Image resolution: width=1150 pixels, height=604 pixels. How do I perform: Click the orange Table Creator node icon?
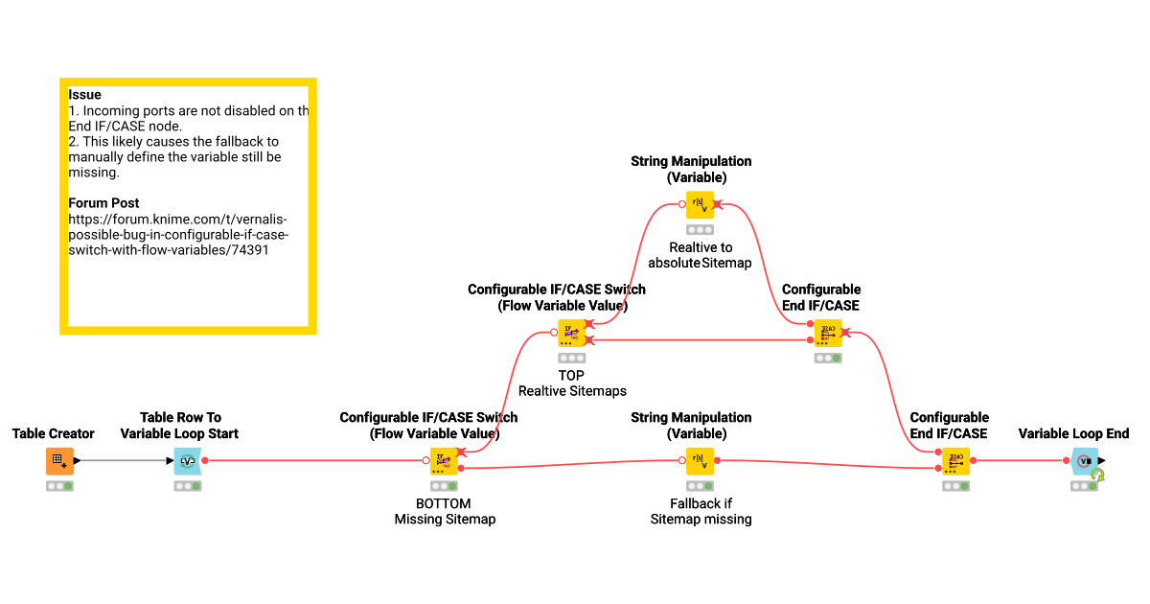coord(59,461)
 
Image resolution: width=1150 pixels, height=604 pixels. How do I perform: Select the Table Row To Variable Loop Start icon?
coord(188,461)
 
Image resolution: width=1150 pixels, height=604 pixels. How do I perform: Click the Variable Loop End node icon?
coord(1084,461)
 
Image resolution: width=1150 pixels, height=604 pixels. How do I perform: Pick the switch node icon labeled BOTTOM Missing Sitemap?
coord(444,461)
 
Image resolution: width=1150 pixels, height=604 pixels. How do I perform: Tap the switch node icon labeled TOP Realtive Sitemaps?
coord(572,333)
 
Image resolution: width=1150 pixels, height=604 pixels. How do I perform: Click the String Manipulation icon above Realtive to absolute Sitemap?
coord(700,205)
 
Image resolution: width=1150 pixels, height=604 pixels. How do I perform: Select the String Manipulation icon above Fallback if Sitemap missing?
coord(700,461)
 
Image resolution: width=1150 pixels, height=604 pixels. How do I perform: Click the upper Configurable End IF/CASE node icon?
coord(828,333)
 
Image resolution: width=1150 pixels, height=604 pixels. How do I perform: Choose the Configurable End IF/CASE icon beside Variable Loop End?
coord(955,461)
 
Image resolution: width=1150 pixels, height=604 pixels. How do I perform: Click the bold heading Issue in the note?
coord(84,95)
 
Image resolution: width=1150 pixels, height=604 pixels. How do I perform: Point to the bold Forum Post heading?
coord(103,203)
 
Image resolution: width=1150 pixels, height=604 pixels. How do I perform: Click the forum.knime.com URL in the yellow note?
coord(178,234)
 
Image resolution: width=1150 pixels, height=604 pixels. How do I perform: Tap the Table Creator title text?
coord(54,434)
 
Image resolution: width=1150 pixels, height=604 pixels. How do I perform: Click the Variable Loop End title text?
coord(1073,434)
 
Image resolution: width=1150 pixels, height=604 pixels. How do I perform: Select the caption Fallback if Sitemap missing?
coord(701,511)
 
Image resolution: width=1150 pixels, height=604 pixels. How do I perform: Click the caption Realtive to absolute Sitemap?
coord(700,255)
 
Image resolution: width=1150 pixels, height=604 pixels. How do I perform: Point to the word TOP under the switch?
coord(571,375)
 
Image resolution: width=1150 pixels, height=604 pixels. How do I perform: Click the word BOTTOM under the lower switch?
coord(444,503)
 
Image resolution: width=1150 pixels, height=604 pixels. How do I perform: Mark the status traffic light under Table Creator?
coord(59,486)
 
